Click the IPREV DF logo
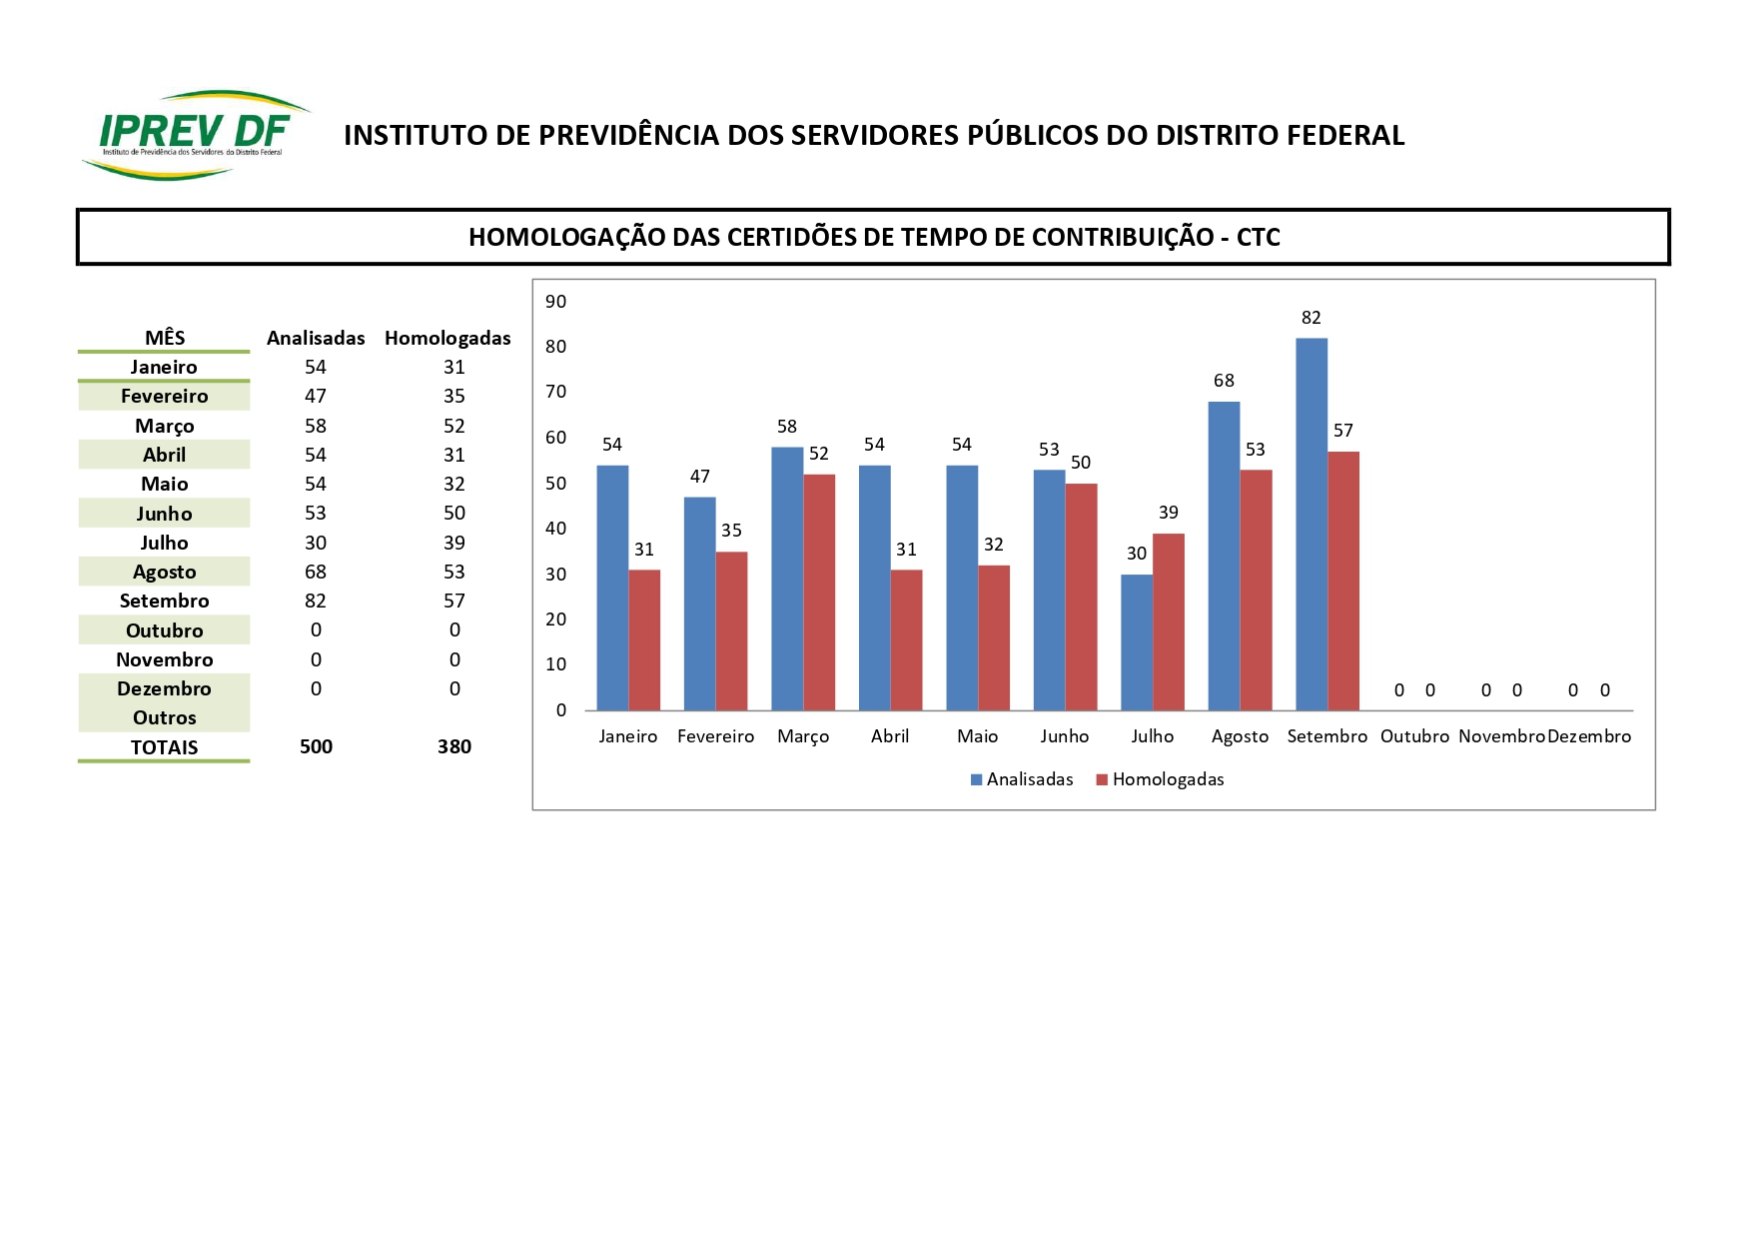[195, 135]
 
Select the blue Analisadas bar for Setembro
[1312, 524]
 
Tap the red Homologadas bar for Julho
[1168, 621]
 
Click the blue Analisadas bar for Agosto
[1224, 556]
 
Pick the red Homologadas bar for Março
[819, 592]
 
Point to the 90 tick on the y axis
[556, 302]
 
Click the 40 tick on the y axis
[556, 529]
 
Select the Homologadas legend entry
[1160, 779]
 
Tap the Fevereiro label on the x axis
[715, 736]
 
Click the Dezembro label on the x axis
[1589, 736]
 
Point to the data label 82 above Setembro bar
[1312, 318]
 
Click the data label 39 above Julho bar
[1169, 513]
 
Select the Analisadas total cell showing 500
[316, 746]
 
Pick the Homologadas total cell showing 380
[454, 746]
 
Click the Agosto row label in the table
[165, 572]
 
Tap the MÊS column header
[165, 338]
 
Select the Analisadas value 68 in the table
[316, 572]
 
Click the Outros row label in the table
[165, 717]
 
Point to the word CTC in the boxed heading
[1258, 238]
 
